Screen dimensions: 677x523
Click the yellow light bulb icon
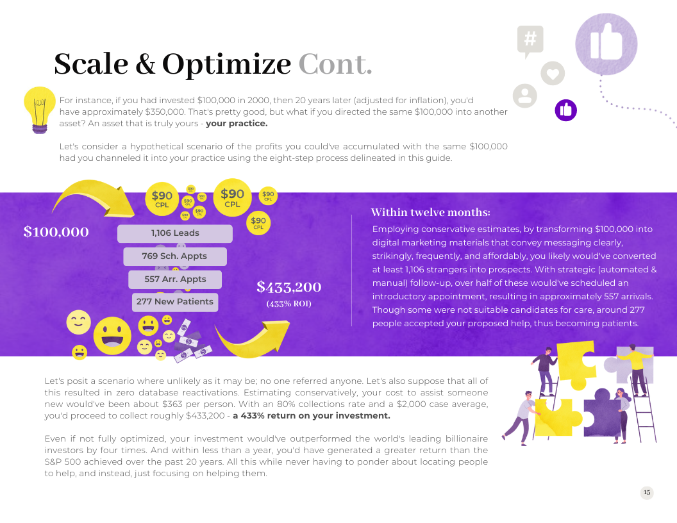click(x=39, y=110)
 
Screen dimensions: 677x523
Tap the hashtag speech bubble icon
click(x=530, y=41)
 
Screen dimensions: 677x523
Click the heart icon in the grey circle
click(x=553, y=73)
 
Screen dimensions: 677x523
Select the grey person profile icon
click(x=524, y=95)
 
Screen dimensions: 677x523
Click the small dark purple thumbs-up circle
click(x=565, y=110)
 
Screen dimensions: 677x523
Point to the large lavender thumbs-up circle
click(x=606, y=44)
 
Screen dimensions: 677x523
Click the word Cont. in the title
click(x=335, y=64)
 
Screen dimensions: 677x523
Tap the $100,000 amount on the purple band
click(x=56, y=232)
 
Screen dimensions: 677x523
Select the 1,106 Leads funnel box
click(x=175, y=233)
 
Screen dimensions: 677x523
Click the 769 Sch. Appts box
click(x=175, y=256)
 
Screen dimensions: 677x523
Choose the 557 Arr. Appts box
click(x=175, y=279)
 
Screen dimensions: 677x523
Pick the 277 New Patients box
click(x=175, y=302)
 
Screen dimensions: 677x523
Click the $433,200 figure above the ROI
click(x=289, y=287)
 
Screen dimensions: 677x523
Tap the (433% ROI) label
click(x=289, y=304)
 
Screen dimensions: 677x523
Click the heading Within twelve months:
click(x=430, y=212)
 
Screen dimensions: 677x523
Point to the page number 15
click(x=647, y=492)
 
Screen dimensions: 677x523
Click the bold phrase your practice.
click(x=237, y=124)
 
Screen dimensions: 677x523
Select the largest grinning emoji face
click(x=112, y=336)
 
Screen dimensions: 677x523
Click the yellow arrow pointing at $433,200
click(x=254, y=341)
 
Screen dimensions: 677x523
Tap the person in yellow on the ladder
click(x=635, y=369)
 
